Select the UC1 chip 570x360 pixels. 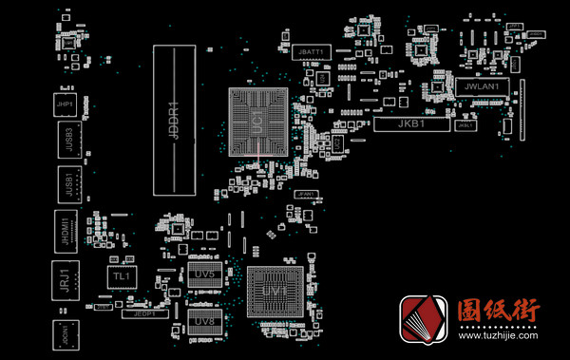coord(257,120)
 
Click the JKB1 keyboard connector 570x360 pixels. coord(409,123)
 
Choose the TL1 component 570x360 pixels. coord(121,275)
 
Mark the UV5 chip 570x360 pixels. coord(203,274)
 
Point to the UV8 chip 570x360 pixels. coord(202,321)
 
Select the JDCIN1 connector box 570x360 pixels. coord(66,335)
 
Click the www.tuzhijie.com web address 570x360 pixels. coord(500,335)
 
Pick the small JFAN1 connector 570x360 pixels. coord(305,195)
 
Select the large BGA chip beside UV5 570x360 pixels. coord(275,291)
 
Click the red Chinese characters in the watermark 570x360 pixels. coord(500,312)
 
